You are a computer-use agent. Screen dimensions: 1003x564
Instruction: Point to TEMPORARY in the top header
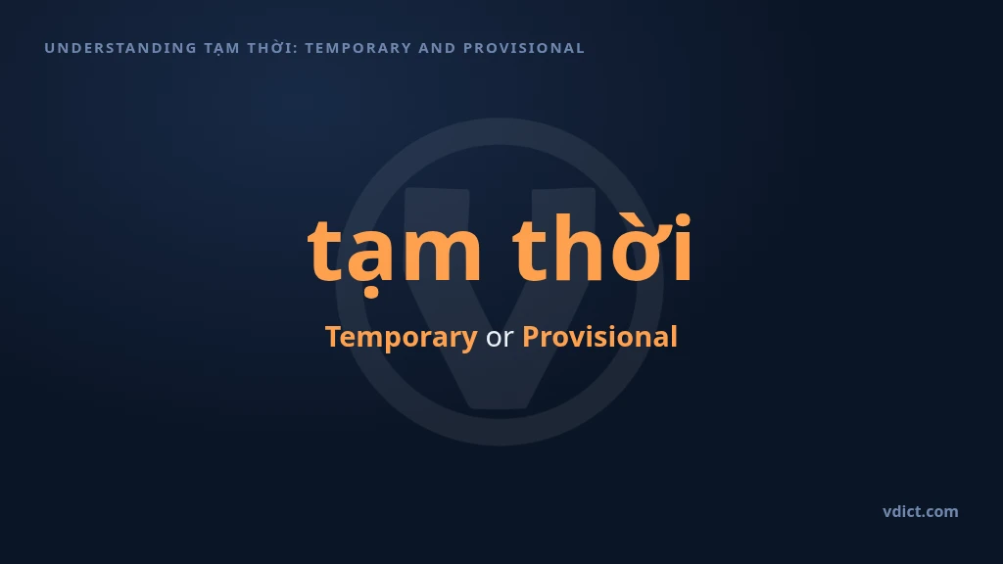[358, 48]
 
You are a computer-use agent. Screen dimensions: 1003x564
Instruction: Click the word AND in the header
[437, 48]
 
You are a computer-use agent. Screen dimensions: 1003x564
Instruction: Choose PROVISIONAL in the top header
[524, 48]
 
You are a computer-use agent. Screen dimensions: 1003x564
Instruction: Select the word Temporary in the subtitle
[401, 337]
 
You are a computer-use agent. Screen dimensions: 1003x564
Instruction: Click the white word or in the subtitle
[500, 338]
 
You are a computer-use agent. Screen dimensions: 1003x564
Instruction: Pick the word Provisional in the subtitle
[600, 337]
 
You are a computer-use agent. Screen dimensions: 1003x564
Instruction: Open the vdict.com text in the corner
[921, 511]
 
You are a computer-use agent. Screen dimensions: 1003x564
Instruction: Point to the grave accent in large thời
[622, 215]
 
